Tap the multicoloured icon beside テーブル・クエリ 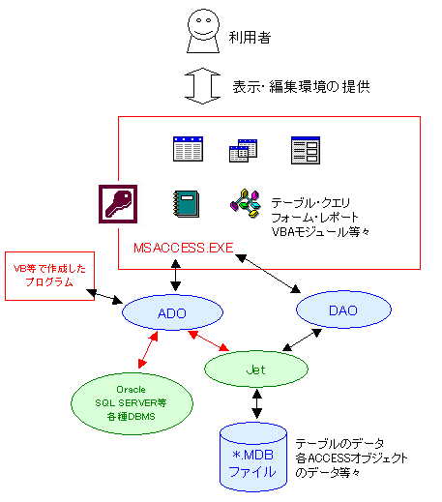point(245,201)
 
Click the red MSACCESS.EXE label point(183,249)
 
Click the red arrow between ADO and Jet point(211,340)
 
